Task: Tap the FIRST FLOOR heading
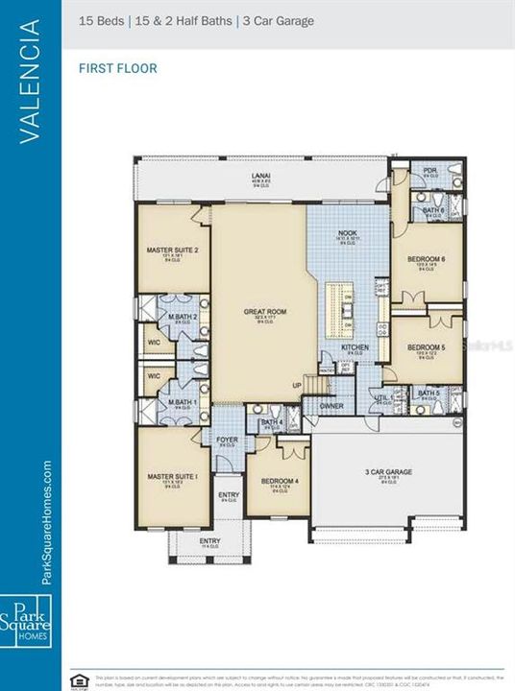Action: point(117,68)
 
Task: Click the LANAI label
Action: point(260,176)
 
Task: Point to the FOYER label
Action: point(227,441)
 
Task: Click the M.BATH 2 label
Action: point(184,317)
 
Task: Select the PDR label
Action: point(429,171)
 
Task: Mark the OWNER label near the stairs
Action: point(331,406)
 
